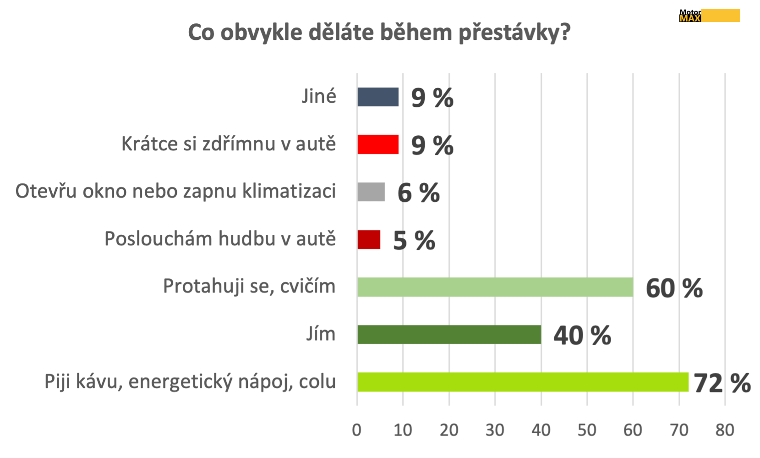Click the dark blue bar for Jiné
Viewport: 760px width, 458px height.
click(378, 97)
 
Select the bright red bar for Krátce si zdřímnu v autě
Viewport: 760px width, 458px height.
click(378, 144)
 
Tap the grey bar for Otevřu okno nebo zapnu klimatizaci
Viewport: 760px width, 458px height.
click(371, 192)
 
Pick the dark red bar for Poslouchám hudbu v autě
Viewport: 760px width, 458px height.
click(369, 239)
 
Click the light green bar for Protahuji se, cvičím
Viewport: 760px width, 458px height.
click(495, 287)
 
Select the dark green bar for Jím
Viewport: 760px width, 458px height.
click(449, 334)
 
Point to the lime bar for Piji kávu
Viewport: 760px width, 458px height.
click(522, 382)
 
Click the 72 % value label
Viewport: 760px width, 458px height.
click(722, 383)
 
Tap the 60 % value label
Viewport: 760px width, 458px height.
click(674, 288)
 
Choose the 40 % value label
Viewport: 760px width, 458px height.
click(582, 336)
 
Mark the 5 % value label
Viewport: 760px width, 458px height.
click(414, 241)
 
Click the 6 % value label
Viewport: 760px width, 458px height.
click(418, 193)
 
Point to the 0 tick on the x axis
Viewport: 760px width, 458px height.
click(357, 430)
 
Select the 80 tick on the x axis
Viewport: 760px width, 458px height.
click(725, 430)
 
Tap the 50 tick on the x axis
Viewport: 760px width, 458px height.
click(587, 430)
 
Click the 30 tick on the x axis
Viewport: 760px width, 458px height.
click(495, 430)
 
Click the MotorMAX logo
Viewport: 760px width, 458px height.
click(709, 16)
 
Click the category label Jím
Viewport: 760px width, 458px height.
click(321, 334)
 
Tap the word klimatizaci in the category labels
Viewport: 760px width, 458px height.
click(289, 191)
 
